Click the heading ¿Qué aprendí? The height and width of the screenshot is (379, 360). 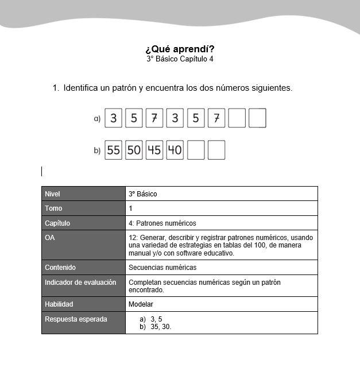180,49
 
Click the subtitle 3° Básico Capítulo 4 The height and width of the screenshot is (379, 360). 180,59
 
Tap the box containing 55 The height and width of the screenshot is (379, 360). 114,150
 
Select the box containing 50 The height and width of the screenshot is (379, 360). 134,150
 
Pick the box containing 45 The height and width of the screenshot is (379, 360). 154,150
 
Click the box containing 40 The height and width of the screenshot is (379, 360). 175,150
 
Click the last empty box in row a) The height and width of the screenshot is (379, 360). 258,118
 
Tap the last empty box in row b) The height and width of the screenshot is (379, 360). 216,150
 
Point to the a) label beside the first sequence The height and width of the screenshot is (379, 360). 97,118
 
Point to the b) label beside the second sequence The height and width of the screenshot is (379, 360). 97,150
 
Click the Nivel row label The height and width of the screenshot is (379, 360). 52,194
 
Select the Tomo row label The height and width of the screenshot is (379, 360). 53,208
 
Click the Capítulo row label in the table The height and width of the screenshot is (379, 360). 57,223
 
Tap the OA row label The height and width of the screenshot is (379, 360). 50,237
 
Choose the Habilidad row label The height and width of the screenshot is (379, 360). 59,304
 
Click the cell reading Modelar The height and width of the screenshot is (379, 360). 141,304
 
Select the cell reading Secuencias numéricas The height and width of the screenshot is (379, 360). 162,268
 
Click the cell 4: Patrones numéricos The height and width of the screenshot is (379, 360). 162,223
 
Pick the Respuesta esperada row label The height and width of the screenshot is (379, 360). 76,319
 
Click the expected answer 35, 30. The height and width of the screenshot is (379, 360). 161,327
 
